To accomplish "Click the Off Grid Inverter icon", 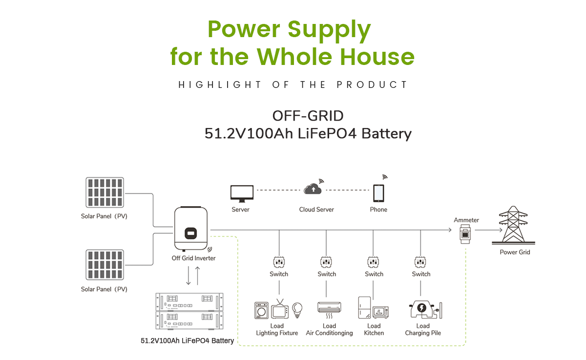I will (191, 229).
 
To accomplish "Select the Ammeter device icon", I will (465, 235).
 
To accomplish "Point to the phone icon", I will (378, 193).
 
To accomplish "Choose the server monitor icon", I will (242, 193).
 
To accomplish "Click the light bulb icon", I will (297, 309).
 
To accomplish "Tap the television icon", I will (280, 310).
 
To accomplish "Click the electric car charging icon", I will (421, 310).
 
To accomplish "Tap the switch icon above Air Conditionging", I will (326, 262).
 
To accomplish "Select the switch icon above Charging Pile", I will (420, 262).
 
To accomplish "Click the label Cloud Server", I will (316, 210).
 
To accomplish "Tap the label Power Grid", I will (515, 252).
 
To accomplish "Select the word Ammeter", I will (466, 220).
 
